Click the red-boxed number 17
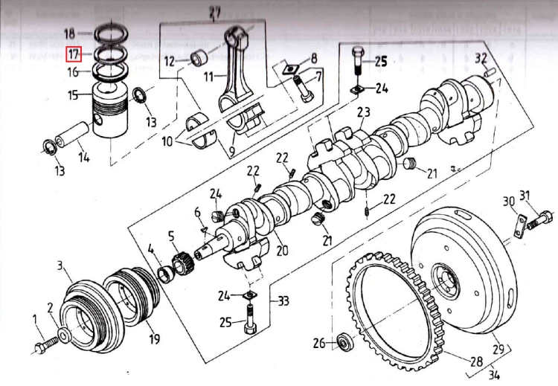[x=74, y=54]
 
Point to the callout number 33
[x=283, y=301]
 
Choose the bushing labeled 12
[x=199, y=57]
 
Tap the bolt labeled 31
[x=542, y=218]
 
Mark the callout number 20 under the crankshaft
[x=282, y=250]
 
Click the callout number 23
[x=363, y=113]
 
